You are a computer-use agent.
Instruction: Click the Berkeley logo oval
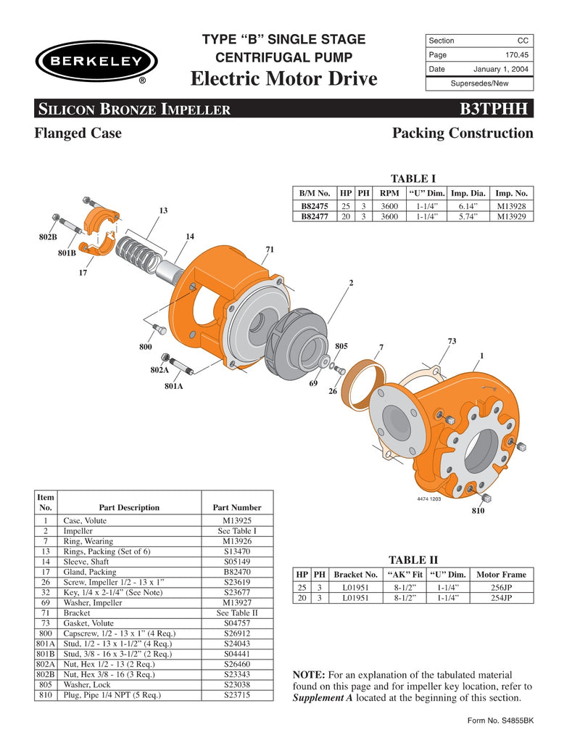coord(96,62)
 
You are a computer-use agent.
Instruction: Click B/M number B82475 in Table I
coord(315,206)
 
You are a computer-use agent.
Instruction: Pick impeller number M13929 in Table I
coord(512,216)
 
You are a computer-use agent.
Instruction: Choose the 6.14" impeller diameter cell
coord(467,206)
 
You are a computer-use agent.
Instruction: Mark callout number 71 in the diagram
coord(270,250)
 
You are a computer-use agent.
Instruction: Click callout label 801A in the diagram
coord(174,386)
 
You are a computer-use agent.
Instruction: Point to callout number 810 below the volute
coord(478,511)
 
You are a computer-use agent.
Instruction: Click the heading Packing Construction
coord(462,134)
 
